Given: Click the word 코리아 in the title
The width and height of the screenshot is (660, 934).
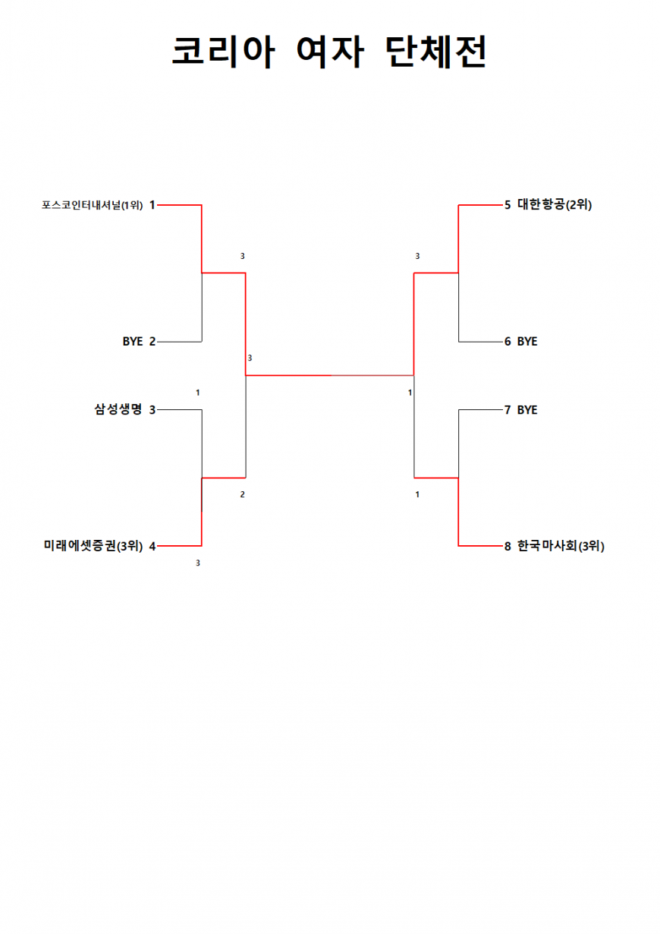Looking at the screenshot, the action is pyautogui.click(x=223, y=52).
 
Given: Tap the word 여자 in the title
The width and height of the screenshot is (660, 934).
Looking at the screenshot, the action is pyautogui.click(x=330, y=52).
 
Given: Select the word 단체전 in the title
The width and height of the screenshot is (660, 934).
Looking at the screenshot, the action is pyautogui.click(x=435, y=52).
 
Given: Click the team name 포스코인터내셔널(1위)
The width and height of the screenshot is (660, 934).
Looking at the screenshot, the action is pyautogui.click(x=92, y=205).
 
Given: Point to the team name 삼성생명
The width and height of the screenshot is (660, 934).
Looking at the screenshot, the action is pyautogui.click(x=119, y=409).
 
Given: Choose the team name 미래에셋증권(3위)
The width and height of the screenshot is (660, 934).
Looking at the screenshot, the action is pyautogui.click(x=93, y=546).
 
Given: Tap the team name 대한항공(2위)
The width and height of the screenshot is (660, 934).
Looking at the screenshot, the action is pyautogui.click(x=555, y=204).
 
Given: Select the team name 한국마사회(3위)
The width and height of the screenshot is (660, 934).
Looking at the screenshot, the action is pyautogui.click(x=561, y=546).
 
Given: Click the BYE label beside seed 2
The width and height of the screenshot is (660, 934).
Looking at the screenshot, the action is pyautogui.click(x=133, y=342).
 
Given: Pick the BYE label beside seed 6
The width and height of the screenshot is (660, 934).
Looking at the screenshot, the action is pyautogui.click(x=527, y=342).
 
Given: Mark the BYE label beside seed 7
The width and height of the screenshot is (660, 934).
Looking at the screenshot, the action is pyautogui.click(x=527, y=410).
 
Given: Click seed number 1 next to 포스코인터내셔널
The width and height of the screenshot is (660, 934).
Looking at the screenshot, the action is pyautogui.click(x=152, y=205).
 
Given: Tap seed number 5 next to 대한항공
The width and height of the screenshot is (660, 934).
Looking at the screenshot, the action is pyautogui.click(x=508, y=205).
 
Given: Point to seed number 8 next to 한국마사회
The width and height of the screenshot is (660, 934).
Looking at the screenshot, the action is pyautogui.click(x=508, y=546).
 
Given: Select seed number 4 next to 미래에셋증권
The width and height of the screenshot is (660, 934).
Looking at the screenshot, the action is pyautogui.click(x=152, y=546).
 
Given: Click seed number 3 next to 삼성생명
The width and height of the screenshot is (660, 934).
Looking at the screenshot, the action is pyautogui.click(x=152, y=410).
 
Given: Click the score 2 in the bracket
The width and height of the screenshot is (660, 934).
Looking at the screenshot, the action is pyautogui.click(x=243, y=494).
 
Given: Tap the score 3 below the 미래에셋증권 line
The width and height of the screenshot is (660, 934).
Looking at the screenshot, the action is pyautogui.click(x=198, y=563).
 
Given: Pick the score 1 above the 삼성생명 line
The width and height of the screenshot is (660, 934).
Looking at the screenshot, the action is pyautogui.click(x=198, y=393).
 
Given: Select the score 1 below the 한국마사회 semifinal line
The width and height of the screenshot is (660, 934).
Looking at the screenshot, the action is pyautogui.click(x=417, y=494).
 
